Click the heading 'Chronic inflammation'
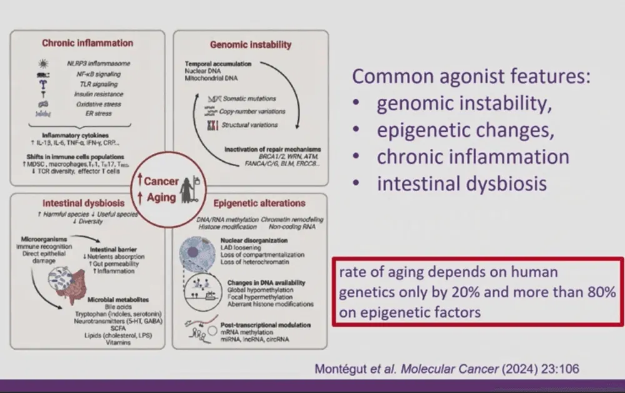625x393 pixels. point(87,43)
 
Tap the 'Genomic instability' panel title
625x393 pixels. point(250,45)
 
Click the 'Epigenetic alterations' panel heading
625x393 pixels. point(259,203)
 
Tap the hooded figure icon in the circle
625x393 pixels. point(187,188)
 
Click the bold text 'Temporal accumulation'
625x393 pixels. point(218,64)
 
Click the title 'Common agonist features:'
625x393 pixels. point(472,77)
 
